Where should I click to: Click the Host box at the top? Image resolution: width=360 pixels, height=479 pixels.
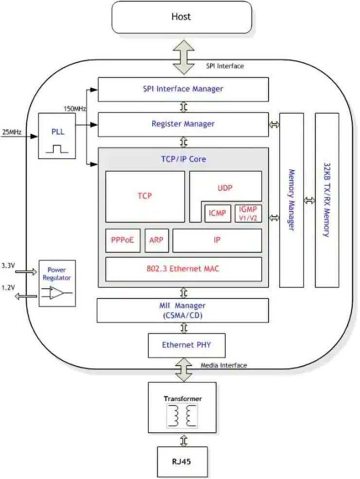point(181,17)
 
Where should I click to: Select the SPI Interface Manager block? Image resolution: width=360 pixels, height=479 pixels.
point(183,89)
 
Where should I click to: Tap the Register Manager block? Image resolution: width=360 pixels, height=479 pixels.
point(183,124)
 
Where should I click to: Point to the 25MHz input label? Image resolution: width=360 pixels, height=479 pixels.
point(12,132)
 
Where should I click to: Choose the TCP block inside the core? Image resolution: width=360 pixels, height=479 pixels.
point(144,196)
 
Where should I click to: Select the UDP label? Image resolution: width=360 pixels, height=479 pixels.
point(225,187)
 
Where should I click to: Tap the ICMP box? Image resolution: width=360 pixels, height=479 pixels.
point(217,213)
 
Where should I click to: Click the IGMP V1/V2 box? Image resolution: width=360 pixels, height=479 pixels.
point(248,213)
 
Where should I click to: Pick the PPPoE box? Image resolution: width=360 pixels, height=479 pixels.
point(123,240)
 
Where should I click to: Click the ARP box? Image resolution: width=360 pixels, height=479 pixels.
point(156,240)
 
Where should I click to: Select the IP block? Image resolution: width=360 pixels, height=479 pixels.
point(217,240)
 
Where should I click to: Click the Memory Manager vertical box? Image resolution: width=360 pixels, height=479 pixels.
point(291,200)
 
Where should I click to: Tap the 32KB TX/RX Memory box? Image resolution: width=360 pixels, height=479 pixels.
point(327,200)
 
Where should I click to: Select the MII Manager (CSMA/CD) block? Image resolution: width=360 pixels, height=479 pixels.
point(183,310)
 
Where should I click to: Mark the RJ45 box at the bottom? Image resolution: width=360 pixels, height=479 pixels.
point(182,461)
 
